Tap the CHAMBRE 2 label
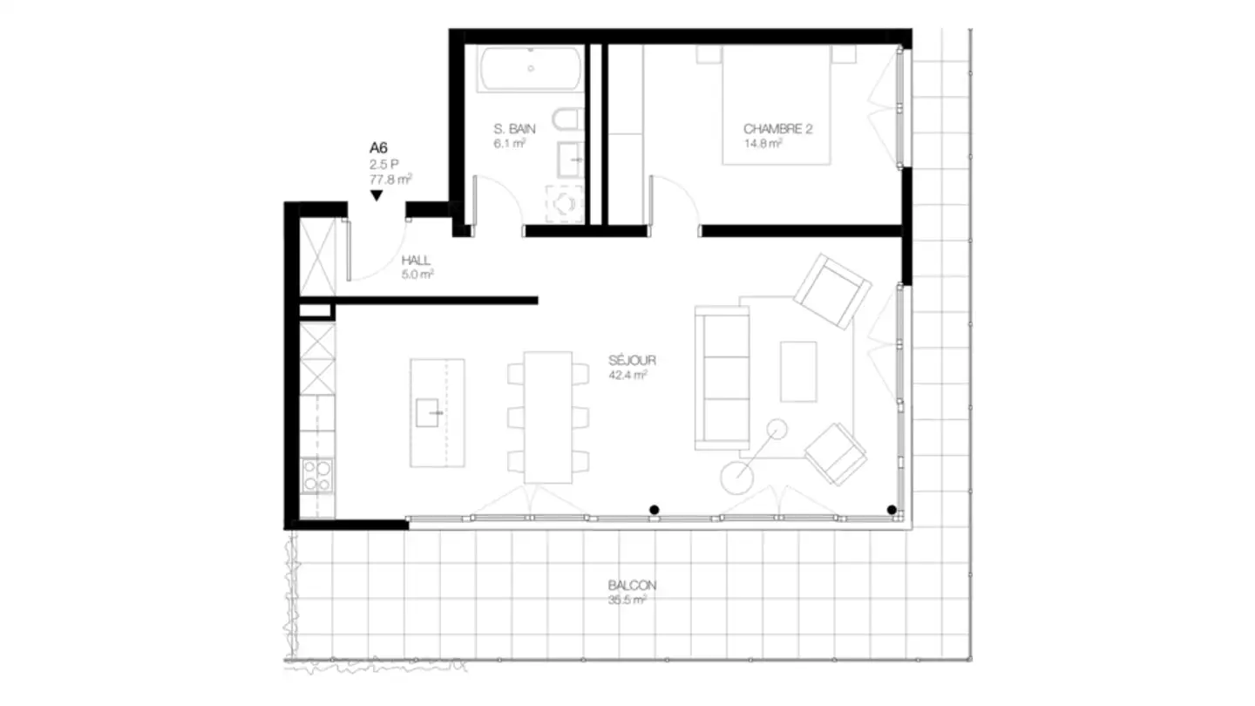pos(777,129)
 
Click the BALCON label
pos(632,586)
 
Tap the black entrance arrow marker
pos(376,196)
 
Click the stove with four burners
pos(316,476)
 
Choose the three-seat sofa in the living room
pos(722,377)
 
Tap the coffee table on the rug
pos(798,371)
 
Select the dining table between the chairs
pos(548,417)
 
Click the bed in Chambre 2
pos(776,105)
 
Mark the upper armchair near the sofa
pos(831,291)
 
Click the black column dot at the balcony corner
pos(892,510)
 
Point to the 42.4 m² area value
pos(627,376)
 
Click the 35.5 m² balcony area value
pos(627,601)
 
